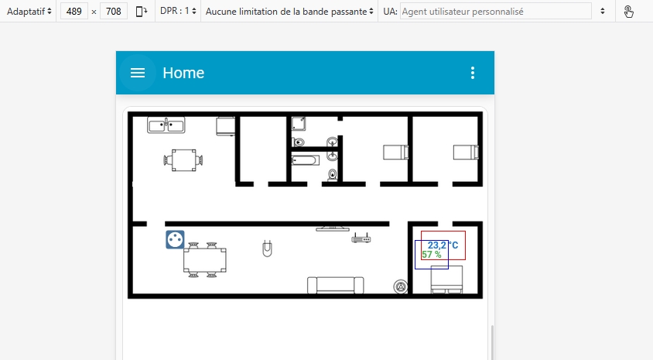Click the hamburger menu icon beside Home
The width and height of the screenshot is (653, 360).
click(138, 73)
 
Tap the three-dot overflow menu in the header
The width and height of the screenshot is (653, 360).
click(472, 73)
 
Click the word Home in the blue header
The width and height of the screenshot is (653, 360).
click(183, 73)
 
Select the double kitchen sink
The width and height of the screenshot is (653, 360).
click(166, 125)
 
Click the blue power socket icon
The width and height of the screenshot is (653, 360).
click(175, 239)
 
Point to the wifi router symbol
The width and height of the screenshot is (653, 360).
click(361, 238)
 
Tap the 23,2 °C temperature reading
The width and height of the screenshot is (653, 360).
click(443, 245)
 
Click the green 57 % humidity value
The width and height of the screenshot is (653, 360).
click(432, 255)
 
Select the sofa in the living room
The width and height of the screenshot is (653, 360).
click(335, 286)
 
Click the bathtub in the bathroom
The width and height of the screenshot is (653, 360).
click(306, 160)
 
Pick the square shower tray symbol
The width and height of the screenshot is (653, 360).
click(298, 124)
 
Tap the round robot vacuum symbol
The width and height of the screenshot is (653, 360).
click(401, 286)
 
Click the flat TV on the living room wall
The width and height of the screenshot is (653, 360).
click(333, 228)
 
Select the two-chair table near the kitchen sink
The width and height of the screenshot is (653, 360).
click(183, 160)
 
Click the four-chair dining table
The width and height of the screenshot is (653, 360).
click(204, 260)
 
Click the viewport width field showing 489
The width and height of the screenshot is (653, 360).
click(74, 12)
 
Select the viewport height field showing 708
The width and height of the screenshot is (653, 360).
click(113, 12)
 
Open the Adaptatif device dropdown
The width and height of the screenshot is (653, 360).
click(29, 12)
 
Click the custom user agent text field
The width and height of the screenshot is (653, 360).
click(496, 12)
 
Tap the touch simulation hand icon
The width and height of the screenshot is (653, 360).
click(628, 12)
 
